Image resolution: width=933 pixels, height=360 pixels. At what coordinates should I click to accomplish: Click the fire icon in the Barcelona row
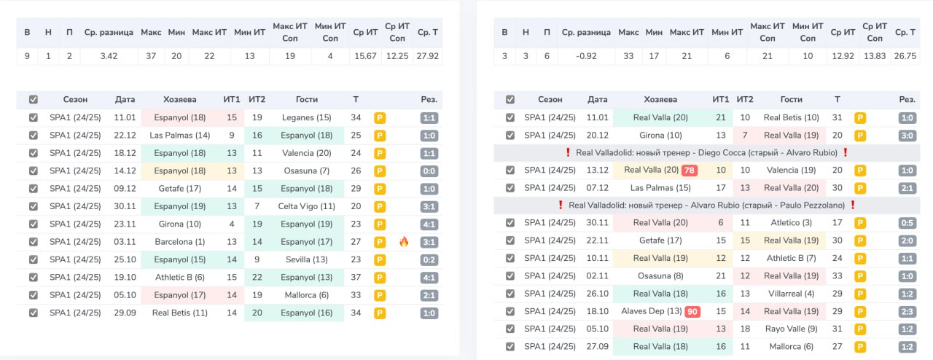point(404,242)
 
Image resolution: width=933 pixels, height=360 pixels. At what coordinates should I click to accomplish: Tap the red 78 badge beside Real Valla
point(690,171)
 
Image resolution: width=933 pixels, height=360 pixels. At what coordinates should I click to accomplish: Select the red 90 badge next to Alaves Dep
point(692,312)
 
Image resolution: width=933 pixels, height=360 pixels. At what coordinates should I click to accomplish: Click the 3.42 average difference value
point(109,56)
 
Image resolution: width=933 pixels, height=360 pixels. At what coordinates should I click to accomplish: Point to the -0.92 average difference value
point(586,56)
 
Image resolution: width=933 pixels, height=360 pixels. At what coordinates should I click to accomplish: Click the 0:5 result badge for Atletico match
point(907,223)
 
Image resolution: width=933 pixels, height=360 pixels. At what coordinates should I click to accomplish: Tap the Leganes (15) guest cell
point(307,117)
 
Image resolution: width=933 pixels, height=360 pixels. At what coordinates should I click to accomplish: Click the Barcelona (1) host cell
point(180,242)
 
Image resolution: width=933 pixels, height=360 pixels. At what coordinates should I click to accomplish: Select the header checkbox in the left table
point(34,100)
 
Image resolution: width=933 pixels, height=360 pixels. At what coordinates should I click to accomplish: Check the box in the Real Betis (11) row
point(34,313)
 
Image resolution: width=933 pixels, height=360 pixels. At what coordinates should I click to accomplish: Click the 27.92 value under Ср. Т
point(427,56)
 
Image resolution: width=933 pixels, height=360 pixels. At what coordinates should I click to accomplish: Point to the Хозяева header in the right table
point(660,100)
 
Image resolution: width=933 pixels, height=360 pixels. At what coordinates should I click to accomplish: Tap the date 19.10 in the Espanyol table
point(125,277)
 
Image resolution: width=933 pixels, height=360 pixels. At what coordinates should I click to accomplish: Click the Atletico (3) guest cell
point(791,222)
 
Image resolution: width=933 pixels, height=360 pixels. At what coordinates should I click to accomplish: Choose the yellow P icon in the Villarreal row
point(860,294)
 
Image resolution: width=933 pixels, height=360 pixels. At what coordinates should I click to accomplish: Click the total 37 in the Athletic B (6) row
point(356,277)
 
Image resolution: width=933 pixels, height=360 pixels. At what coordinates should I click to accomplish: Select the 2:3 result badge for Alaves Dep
point(907,312)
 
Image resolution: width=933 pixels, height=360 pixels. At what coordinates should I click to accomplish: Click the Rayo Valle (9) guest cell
point(791,329)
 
